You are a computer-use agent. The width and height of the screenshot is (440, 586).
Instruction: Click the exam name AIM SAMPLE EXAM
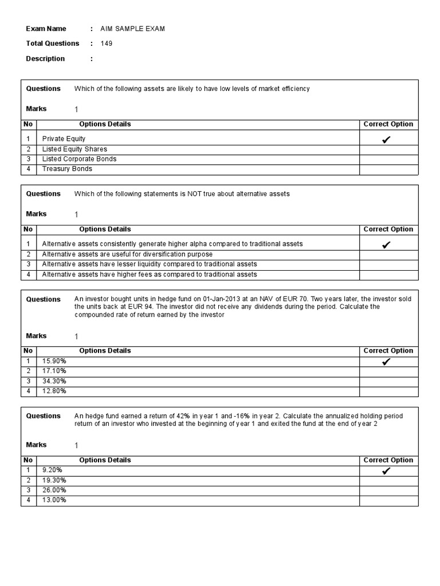tap(132, 29)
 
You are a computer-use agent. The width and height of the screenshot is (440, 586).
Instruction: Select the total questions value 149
tap(107, 43)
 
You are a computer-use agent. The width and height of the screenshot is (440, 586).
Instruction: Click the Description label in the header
tap(45, 58)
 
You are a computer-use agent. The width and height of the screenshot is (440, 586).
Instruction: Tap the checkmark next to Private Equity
tap(386, 139)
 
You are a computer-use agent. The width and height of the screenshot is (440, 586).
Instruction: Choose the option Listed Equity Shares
tap(74, 149)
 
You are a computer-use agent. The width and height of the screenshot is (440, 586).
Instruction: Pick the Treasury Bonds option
tap(67, 169)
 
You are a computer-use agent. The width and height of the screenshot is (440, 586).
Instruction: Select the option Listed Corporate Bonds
tap(79, 159)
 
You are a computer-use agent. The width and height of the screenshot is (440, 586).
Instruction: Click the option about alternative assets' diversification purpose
tap(127, 254)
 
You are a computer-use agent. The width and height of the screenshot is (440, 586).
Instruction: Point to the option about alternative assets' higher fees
tap(150, 274)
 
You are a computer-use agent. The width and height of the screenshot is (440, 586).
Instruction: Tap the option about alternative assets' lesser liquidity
tap(150, 264)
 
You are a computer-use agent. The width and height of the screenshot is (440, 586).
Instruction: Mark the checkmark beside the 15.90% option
tap(386, 362)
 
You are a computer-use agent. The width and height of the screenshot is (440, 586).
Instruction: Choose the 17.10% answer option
tap(54, 371)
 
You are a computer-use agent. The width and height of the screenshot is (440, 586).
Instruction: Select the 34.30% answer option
tap(54, 381)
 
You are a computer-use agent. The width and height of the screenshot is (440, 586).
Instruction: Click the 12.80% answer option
tap(54, 391)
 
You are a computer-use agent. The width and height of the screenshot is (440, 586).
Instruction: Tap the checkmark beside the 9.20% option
tap(386, 471)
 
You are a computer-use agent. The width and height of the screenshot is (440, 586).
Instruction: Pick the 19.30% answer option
tap(54, 481)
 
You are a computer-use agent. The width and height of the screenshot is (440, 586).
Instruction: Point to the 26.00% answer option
tap(54, 490)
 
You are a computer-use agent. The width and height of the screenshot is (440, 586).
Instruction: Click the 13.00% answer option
tap(54, 500)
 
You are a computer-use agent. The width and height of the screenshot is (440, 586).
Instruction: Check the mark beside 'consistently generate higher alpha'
tap(386, 245)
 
